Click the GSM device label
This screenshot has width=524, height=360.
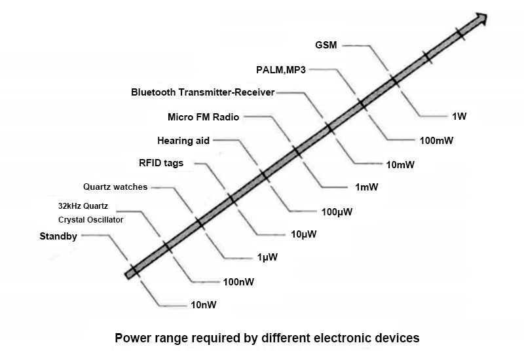[326, 45]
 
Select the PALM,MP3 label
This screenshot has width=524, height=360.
[280, 69]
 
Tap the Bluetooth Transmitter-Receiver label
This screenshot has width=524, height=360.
[202, 92]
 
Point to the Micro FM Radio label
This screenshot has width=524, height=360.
[204, 117]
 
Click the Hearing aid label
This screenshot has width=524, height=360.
[184, 140]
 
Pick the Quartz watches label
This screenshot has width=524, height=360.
[115, 187]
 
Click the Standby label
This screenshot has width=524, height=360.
[58, 236]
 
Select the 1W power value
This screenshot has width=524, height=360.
[458, 117]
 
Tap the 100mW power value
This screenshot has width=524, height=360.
[436, 140]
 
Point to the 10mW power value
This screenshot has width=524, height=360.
[400, 164]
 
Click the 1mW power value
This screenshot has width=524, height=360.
[366, 187]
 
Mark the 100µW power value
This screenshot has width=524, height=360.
[337, 211]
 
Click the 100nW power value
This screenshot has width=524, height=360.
[238, 282]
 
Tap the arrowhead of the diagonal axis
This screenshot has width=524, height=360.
[481, 18]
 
